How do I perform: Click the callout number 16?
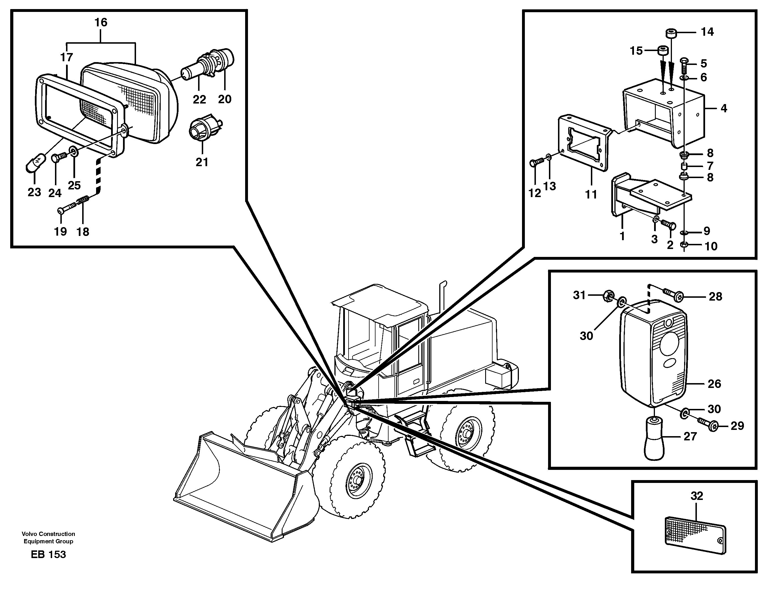coord(101,23)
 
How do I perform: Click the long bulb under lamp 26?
coord(655,438)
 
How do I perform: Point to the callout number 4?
coord(724,108)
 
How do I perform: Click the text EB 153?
coord(48,554)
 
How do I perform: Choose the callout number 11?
coord(591,194)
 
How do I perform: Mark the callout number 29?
coord(737,426)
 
